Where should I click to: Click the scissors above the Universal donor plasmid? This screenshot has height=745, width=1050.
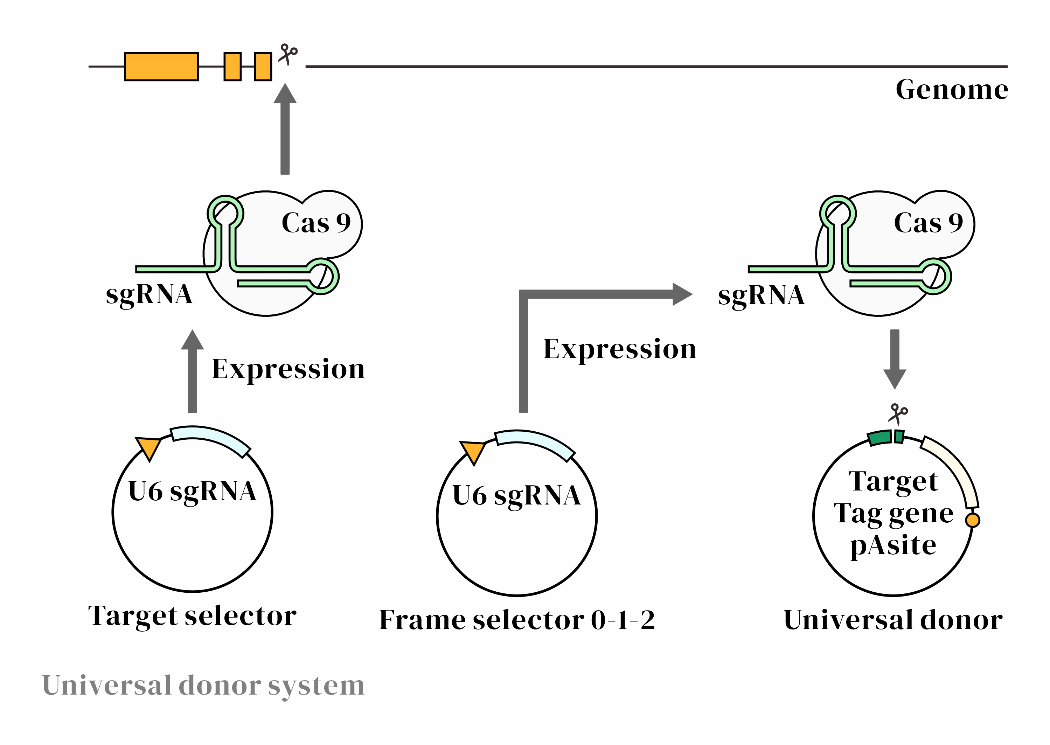(x=897, y=413)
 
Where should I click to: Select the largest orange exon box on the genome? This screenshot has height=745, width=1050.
(x=161, y=67)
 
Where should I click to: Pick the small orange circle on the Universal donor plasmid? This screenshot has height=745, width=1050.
(x=973, y=520)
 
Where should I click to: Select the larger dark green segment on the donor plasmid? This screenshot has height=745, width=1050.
(x=880, y=438)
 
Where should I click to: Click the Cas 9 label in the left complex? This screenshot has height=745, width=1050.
(x=315, y=223)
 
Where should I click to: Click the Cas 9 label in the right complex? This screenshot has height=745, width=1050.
(x=927, y=223)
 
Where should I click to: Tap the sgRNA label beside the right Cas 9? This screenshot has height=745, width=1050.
(x=761, y=295)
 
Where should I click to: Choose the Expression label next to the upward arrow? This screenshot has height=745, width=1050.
(x=288, y=369)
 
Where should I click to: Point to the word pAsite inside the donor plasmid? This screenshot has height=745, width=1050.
(x=893, y=546)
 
